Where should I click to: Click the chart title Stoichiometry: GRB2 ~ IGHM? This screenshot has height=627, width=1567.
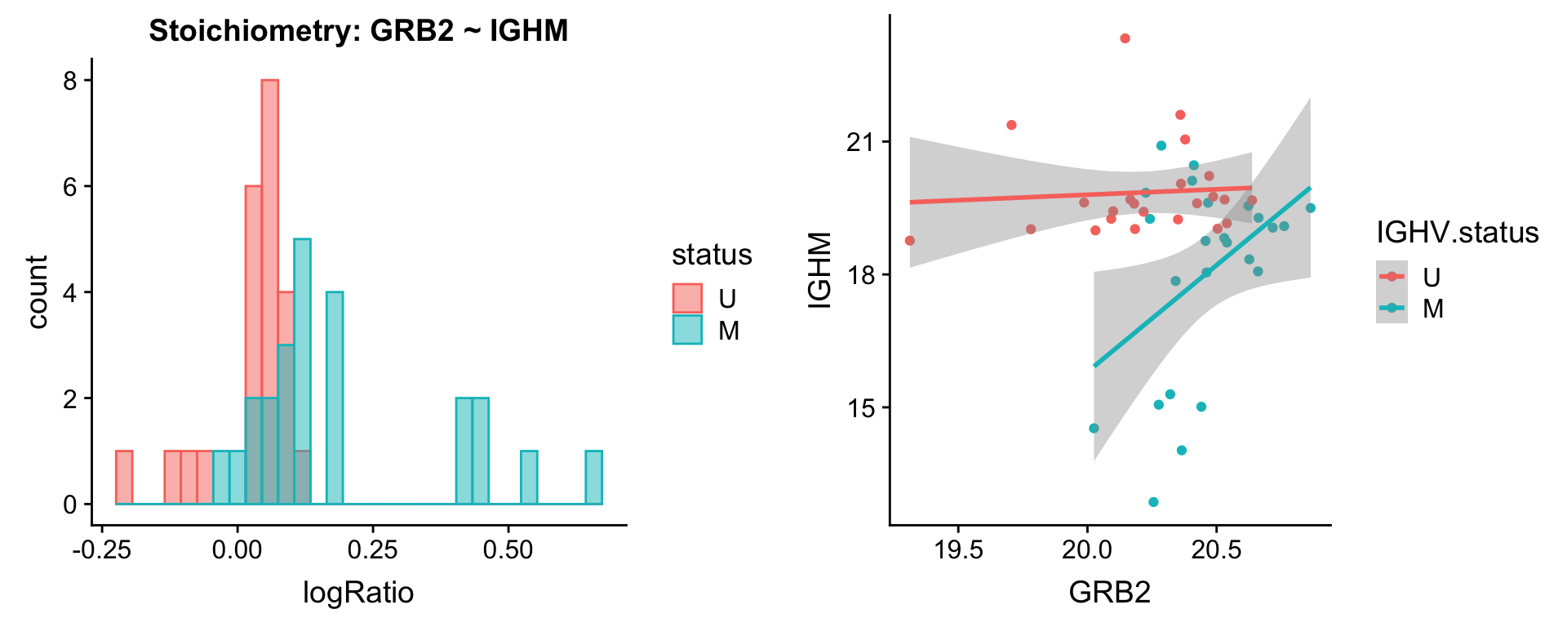point(358,31)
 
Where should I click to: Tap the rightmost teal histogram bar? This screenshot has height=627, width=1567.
point(594,478)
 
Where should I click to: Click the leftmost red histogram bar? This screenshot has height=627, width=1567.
point(124,478)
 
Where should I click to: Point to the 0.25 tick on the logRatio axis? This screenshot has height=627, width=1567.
point(372,549)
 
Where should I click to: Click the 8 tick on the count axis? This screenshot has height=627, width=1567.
point(70,81)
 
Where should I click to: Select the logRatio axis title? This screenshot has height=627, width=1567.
point(358,592)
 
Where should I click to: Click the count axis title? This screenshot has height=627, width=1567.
point(38,291)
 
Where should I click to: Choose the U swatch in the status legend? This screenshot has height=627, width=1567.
point(687,298)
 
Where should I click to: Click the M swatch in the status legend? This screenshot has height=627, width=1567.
point(687,330)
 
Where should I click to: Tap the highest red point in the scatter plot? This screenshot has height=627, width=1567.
point(1125,38)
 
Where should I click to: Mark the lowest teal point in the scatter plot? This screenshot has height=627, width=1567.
point(1153,502)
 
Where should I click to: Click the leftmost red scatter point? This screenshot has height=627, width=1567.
point(910,241)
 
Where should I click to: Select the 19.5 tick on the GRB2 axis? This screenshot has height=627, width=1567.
point(958,549)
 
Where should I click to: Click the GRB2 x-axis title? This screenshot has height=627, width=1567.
point(1110,592)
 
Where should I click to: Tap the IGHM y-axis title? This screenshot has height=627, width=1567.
point(819,270)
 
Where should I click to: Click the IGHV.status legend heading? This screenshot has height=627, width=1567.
point(1458,233)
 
